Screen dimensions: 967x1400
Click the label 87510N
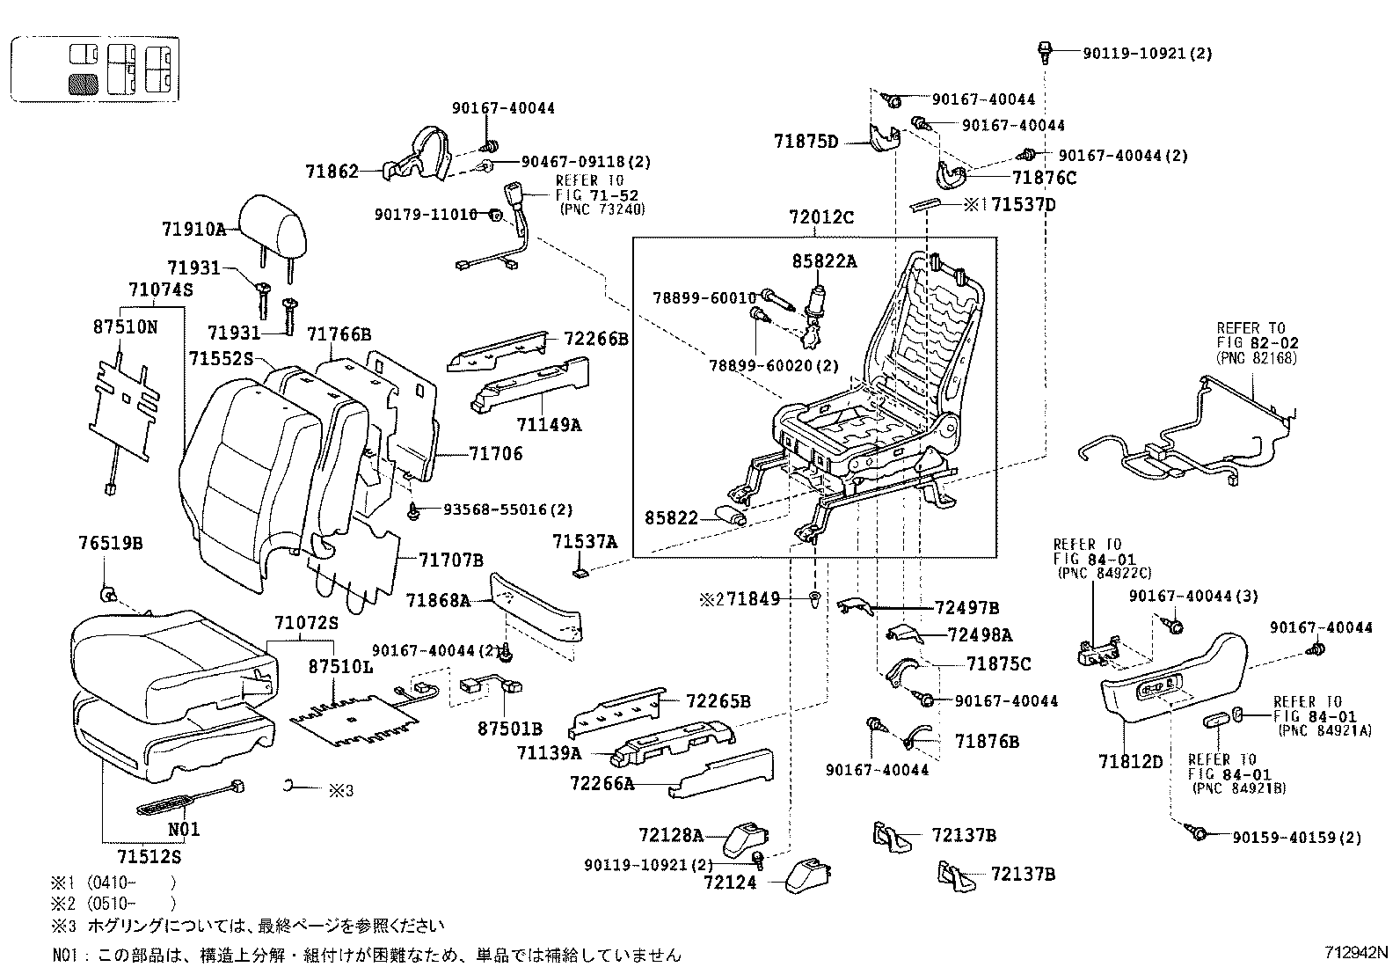point(125,326)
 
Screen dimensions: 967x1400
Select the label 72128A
point(671,834)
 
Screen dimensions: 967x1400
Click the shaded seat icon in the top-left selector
point(84,84)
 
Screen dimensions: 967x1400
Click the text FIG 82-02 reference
point(1258,343)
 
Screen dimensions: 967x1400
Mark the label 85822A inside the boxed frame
point(824,260)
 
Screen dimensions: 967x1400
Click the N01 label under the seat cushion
point(184,828)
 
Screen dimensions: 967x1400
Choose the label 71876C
point(1044,178)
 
